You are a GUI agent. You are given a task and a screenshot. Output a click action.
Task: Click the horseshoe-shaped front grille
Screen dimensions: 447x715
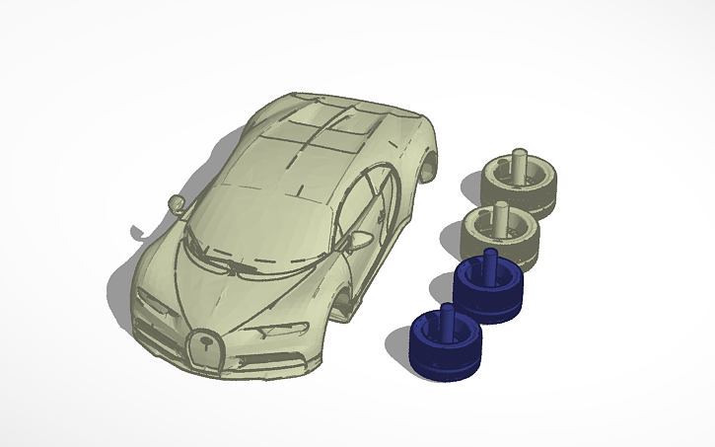[x=206, y=349]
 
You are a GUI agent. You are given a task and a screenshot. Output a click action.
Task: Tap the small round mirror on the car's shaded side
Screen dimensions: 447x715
[x=177, y=204]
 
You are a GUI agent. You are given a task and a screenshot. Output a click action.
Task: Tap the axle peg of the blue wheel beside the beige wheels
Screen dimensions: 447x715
[x=487, y=264]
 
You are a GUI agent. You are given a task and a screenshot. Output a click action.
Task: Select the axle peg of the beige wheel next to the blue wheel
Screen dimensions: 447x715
[x=501, y=215]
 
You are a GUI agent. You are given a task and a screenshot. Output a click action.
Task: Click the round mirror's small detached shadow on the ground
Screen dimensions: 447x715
[x=135, y=235]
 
